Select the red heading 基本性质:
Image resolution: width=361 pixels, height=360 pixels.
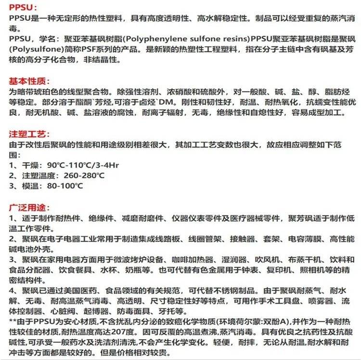(29, 80)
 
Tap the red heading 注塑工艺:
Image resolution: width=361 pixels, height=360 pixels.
(29, 133)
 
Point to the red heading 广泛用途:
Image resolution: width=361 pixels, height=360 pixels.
(29, 208)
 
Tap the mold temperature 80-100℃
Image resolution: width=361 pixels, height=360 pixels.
(60, 186)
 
